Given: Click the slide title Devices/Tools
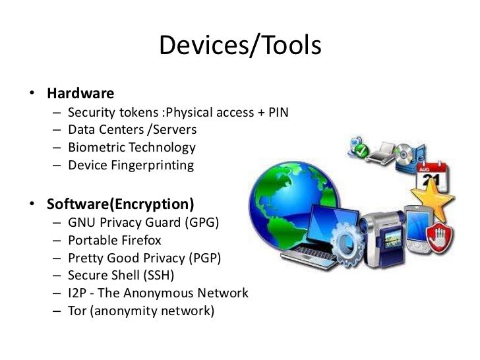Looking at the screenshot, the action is coord(240,45).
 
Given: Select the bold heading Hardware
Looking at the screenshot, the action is coord(80,93).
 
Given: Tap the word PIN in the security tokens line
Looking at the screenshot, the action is coord(277,112).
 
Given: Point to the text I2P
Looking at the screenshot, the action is coord(78,293).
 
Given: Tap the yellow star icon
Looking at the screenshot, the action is coord(433,197).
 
